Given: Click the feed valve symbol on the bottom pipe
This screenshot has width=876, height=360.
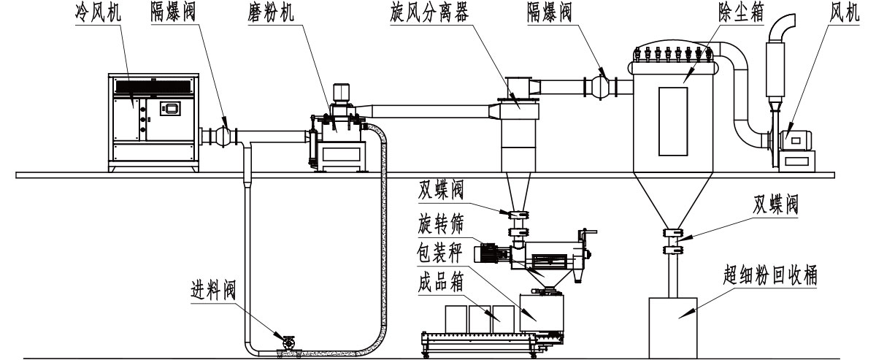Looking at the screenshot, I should tap(286, 341).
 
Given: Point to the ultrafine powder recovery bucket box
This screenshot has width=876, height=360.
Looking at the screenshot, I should tap(678, 318).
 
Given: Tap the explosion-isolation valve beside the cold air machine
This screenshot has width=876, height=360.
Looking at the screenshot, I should tap(226, 134).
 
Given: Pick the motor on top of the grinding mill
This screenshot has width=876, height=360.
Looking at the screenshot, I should tap(339, 93).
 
